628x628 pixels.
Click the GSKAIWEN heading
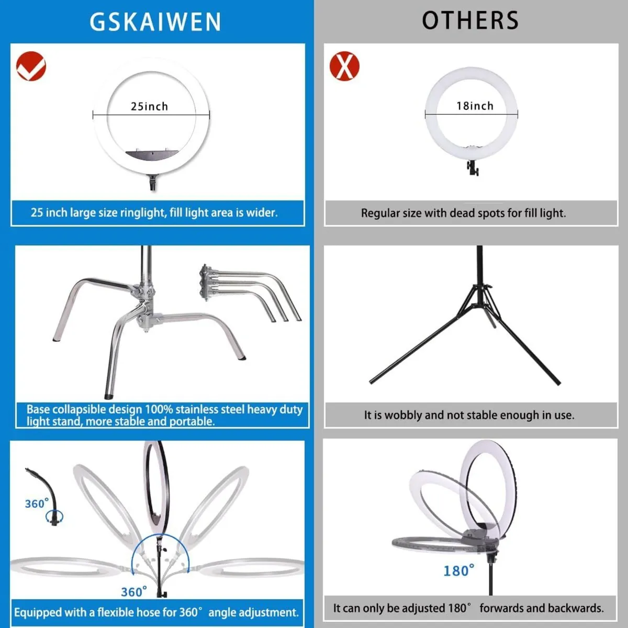(155, 22)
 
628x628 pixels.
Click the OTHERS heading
(470, 21)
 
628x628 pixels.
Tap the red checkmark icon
(31, 66)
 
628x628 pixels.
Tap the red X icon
(344, 66)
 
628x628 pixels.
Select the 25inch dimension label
(149, 106)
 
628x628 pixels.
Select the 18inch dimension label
(474, 106)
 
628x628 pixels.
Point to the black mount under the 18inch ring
(473, 168)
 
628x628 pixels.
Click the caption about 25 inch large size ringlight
(154, 212)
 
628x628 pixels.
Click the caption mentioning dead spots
(463, 213)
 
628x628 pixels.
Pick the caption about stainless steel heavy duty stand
(164, 415)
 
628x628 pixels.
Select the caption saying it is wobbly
(469, 415)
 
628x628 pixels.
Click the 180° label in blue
(458, 570)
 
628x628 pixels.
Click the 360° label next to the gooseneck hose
(36, 503)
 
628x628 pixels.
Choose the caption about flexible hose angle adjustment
(156, 612)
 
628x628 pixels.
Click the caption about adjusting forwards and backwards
(468, 608)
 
